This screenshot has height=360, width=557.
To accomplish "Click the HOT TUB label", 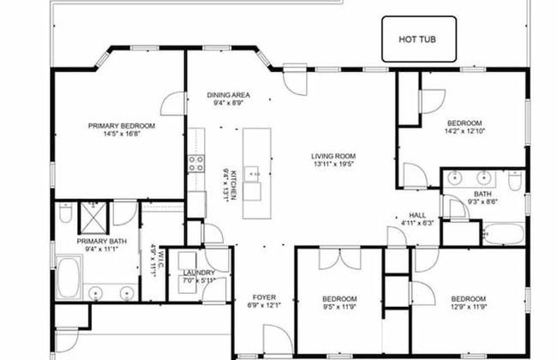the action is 417,39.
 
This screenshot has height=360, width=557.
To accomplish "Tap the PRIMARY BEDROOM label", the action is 122,126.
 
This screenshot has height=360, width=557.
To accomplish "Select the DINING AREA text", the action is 229,95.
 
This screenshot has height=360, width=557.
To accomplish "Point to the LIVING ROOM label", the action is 333,156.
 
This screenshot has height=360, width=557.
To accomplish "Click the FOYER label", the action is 264,297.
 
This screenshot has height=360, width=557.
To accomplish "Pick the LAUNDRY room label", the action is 199,273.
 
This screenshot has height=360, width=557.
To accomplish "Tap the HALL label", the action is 417,215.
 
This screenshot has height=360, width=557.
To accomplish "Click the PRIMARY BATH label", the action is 102,242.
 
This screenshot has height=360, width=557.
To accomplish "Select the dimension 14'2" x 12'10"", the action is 464,131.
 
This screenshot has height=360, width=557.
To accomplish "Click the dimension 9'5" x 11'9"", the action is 339,307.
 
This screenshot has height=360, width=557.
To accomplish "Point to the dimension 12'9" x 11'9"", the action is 469,307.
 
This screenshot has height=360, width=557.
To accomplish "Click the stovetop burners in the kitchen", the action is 196,164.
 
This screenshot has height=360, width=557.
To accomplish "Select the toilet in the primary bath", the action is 65,213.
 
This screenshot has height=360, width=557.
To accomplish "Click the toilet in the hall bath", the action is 515,181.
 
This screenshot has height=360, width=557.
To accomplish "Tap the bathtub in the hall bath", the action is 503,233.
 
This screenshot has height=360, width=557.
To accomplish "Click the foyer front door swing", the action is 278,339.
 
